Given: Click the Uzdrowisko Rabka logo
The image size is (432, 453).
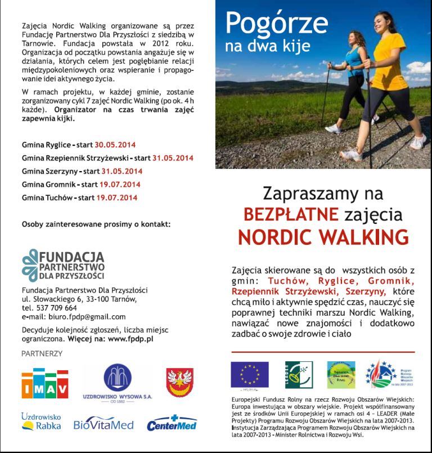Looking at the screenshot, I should click(x=40, y=423).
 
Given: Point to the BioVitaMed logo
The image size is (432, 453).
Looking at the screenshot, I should click(x=103, y=424).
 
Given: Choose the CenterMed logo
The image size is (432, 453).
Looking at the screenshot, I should click(x=172, y=423).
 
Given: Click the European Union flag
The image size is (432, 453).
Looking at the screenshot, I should click(x=249, y=374).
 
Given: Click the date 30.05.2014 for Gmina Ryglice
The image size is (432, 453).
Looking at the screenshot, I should click(x=115, y=145).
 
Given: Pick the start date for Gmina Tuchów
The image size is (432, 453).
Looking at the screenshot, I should click(x=116, y=198).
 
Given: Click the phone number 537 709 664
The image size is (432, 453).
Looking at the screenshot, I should click(x=56, y=308).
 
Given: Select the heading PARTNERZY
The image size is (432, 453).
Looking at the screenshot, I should click(x=42, y=353).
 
